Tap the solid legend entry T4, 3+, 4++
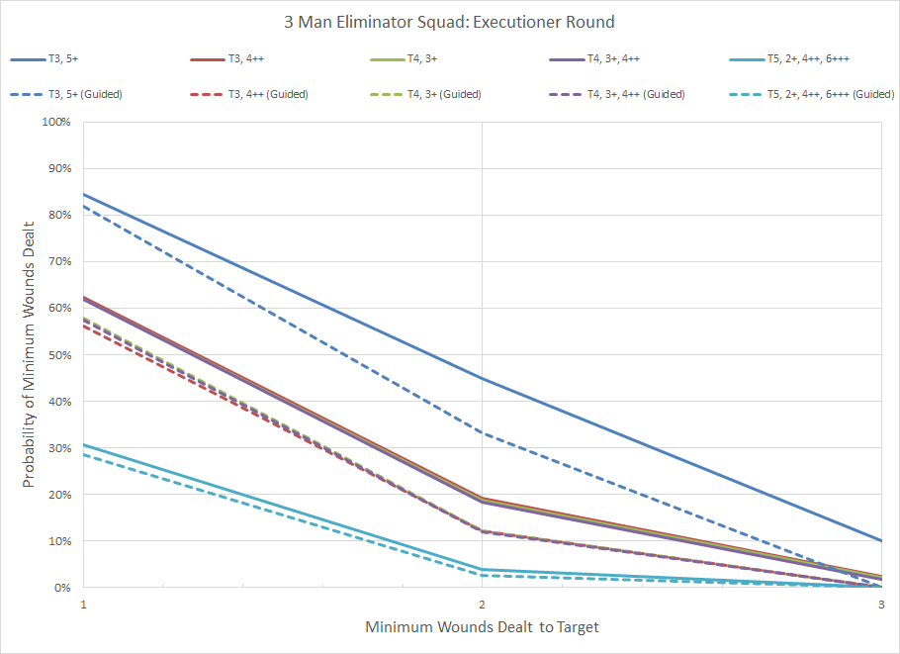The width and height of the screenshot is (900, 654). coord(617,59)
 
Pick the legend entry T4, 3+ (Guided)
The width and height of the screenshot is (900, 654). coord(445,94)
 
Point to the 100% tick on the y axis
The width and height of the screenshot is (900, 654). coord(56,123)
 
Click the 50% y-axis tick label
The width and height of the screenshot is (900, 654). coord(59,355)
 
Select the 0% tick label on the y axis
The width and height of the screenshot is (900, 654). coord(62,588)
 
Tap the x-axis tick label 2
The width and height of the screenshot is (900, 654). coord(482,604)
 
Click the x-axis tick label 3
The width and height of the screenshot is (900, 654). coord(880,604)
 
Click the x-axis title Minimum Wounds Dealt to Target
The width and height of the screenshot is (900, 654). coord(482,627)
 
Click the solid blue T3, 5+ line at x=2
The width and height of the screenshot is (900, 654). coord(482,378)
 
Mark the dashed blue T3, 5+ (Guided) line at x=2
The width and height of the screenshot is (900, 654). coord(482,432)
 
